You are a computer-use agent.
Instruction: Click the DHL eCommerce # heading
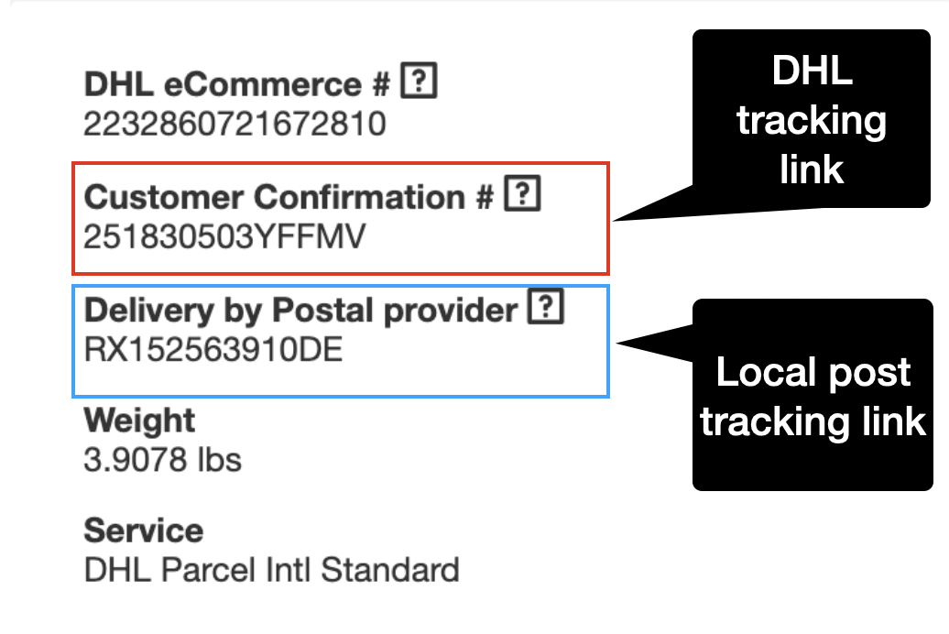point(237,85)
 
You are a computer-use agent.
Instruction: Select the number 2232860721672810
point(235,123)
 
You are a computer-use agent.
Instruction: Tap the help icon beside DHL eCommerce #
point(420,84)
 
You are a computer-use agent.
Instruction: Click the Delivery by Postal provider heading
point(300,311)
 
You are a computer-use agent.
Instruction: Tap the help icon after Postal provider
point(546,310)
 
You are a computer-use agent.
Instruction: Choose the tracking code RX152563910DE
point(213,349)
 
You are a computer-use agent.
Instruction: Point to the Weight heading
point(139,421)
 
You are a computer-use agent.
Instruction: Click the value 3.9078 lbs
point(162,459)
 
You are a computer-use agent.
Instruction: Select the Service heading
point(143,530)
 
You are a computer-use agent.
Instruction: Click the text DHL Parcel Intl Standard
point(271,570)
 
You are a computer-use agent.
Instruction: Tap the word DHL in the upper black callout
point(813,71)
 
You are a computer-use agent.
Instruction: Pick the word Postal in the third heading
point(322,311)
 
